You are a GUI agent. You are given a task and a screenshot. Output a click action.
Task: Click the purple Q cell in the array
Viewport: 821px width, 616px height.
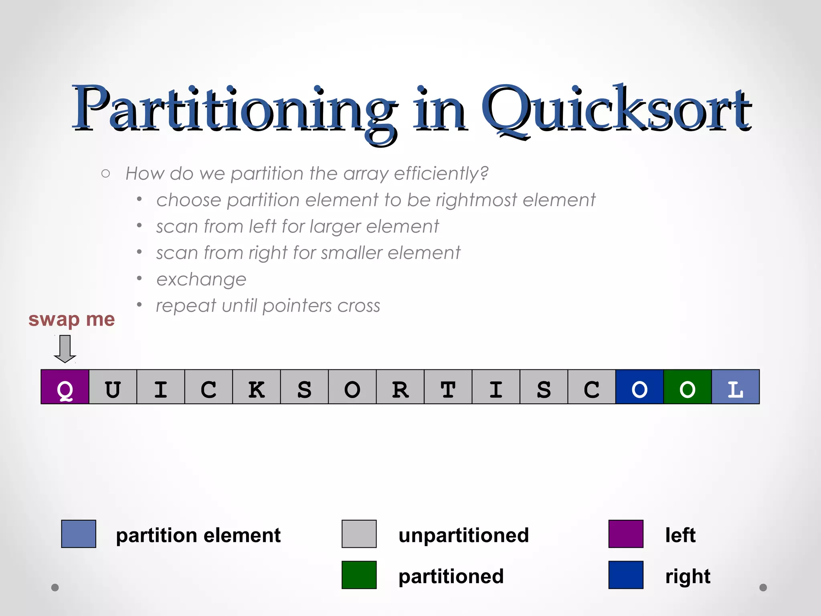click(x=65, y=387)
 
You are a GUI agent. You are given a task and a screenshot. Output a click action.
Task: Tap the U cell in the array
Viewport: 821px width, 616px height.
click(x=113, y=387)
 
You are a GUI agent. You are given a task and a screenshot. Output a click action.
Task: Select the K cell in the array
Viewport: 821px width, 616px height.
click(x=257, y=387)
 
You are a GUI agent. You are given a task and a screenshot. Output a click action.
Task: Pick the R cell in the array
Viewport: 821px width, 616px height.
click(x=400, y=387)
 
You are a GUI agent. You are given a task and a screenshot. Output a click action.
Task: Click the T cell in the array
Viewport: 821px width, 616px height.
click(x=448, y=387)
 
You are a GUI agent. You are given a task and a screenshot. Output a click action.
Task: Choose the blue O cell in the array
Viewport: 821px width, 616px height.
click(x=639, y=387)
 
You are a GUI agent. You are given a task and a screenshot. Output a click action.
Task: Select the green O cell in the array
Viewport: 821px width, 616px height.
click(x=688, y=387)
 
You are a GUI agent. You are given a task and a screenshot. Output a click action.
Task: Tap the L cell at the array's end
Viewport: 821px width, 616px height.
click(x=735, y=387)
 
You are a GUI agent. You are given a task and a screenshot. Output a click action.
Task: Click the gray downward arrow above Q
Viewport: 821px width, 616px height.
click(x=65, y=349)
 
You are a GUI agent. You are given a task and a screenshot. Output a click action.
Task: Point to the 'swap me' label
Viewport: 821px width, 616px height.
click(x=71, y=320)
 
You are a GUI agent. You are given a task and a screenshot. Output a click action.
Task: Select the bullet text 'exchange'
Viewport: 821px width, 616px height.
click(x=201, y=280)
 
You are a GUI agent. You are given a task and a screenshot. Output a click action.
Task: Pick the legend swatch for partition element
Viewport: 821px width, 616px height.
click(x=79, y=534)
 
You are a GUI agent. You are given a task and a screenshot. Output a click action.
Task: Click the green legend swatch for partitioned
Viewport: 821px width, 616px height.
click(x=359, y=575)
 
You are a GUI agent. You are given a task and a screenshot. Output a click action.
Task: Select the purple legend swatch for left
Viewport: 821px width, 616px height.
click(x=626, y=534)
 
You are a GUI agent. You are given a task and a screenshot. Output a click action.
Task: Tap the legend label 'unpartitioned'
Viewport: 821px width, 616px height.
click(x=463, y=535)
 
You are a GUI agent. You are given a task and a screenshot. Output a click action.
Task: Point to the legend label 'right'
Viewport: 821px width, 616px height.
click(x=688, y=577)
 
